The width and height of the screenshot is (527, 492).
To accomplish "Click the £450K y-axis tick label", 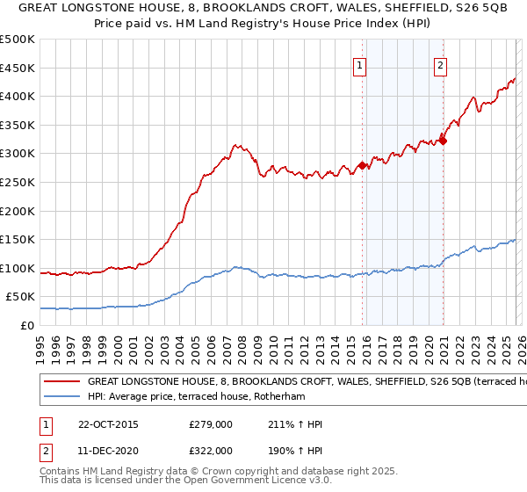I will pos(18,68).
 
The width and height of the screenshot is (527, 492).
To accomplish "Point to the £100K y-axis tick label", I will pos(18,268).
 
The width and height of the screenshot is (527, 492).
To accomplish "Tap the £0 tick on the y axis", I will pos(27,325).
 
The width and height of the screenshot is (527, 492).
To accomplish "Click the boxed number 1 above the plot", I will pos(361,64).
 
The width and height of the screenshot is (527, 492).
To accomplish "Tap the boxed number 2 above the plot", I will pos(439,64).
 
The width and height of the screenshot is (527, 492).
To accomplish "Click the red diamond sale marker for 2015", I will pos(362,164).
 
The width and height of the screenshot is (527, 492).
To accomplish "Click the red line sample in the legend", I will pos(61,382).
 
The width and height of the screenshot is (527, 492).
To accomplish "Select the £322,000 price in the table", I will pos(211,450).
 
